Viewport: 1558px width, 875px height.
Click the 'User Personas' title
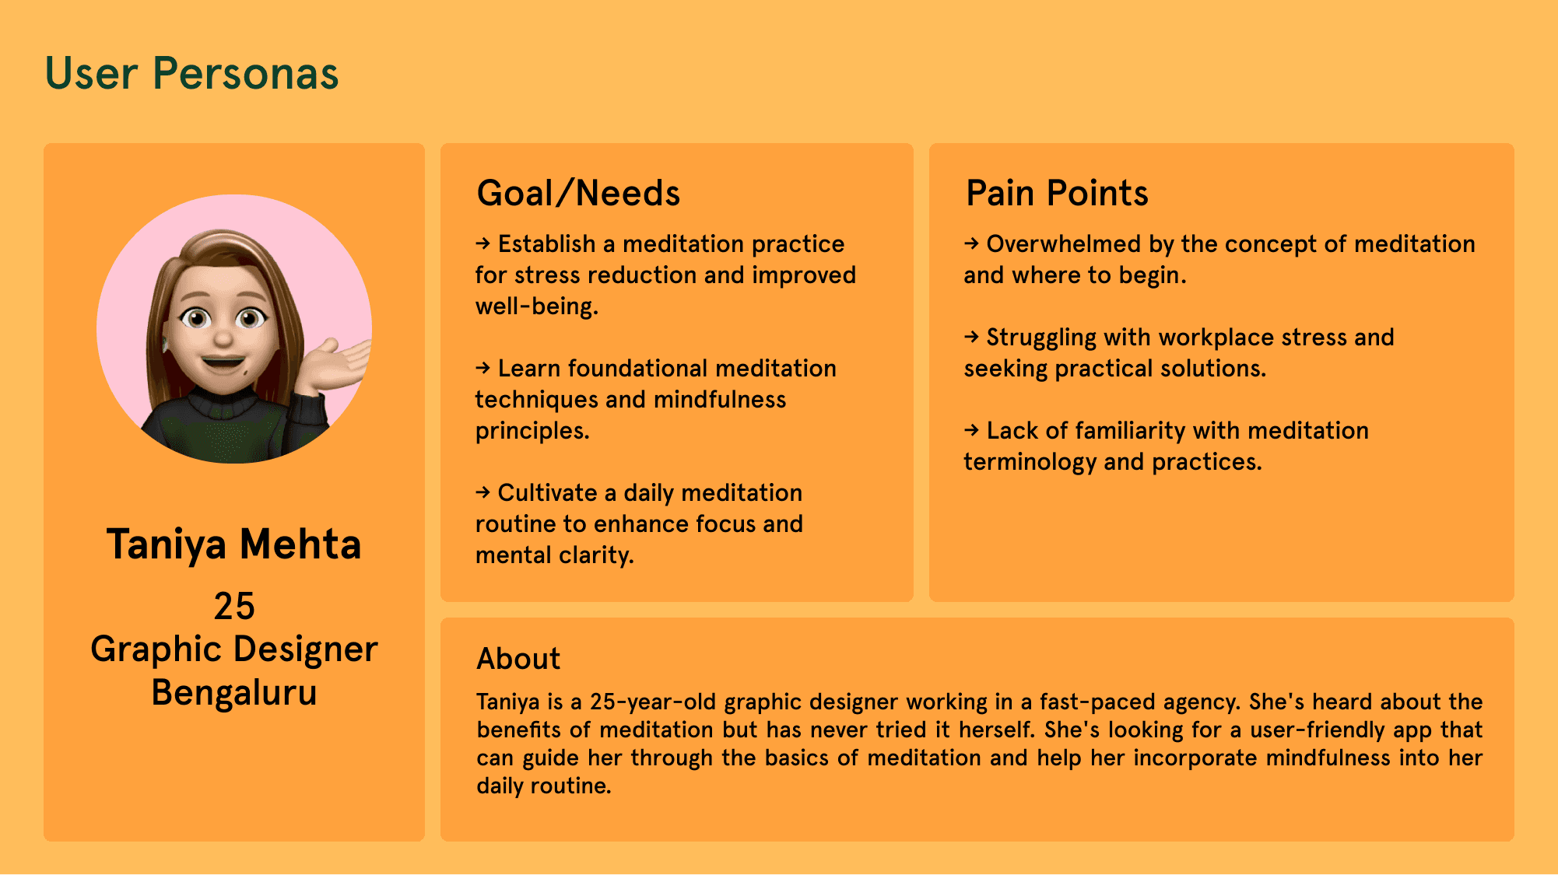point(191,74)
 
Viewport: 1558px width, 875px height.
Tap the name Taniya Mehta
point(234,544)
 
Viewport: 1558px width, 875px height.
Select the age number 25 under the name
point(234,606)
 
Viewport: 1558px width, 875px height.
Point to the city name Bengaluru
point(234,692)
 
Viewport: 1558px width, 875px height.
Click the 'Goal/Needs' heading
point(578,193)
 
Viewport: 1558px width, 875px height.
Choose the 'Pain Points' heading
point(1057,193)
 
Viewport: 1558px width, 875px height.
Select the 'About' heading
point(518,659)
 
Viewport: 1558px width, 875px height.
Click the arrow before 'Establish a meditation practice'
point(483,243)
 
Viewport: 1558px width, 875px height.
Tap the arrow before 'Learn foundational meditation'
point(483,368)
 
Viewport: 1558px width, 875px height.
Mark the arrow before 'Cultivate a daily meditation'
point(483,492)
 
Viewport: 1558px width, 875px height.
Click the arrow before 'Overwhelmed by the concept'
point(971,243)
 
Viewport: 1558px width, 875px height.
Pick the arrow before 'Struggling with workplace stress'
point(971,337)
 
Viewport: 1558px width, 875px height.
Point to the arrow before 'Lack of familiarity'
point(971,430)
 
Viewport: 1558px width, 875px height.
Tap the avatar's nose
point(223,337)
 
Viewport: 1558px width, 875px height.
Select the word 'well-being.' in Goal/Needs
point(537,306)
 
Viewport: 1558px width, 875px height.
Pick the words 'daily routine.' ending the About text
point(544,786)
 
